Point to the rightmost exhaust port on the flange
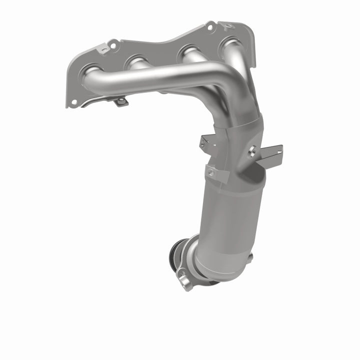231,43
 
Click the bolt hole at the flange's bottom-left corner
73,102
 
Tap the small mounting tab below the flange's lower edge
120,101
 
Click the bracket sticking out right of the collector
270,156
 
